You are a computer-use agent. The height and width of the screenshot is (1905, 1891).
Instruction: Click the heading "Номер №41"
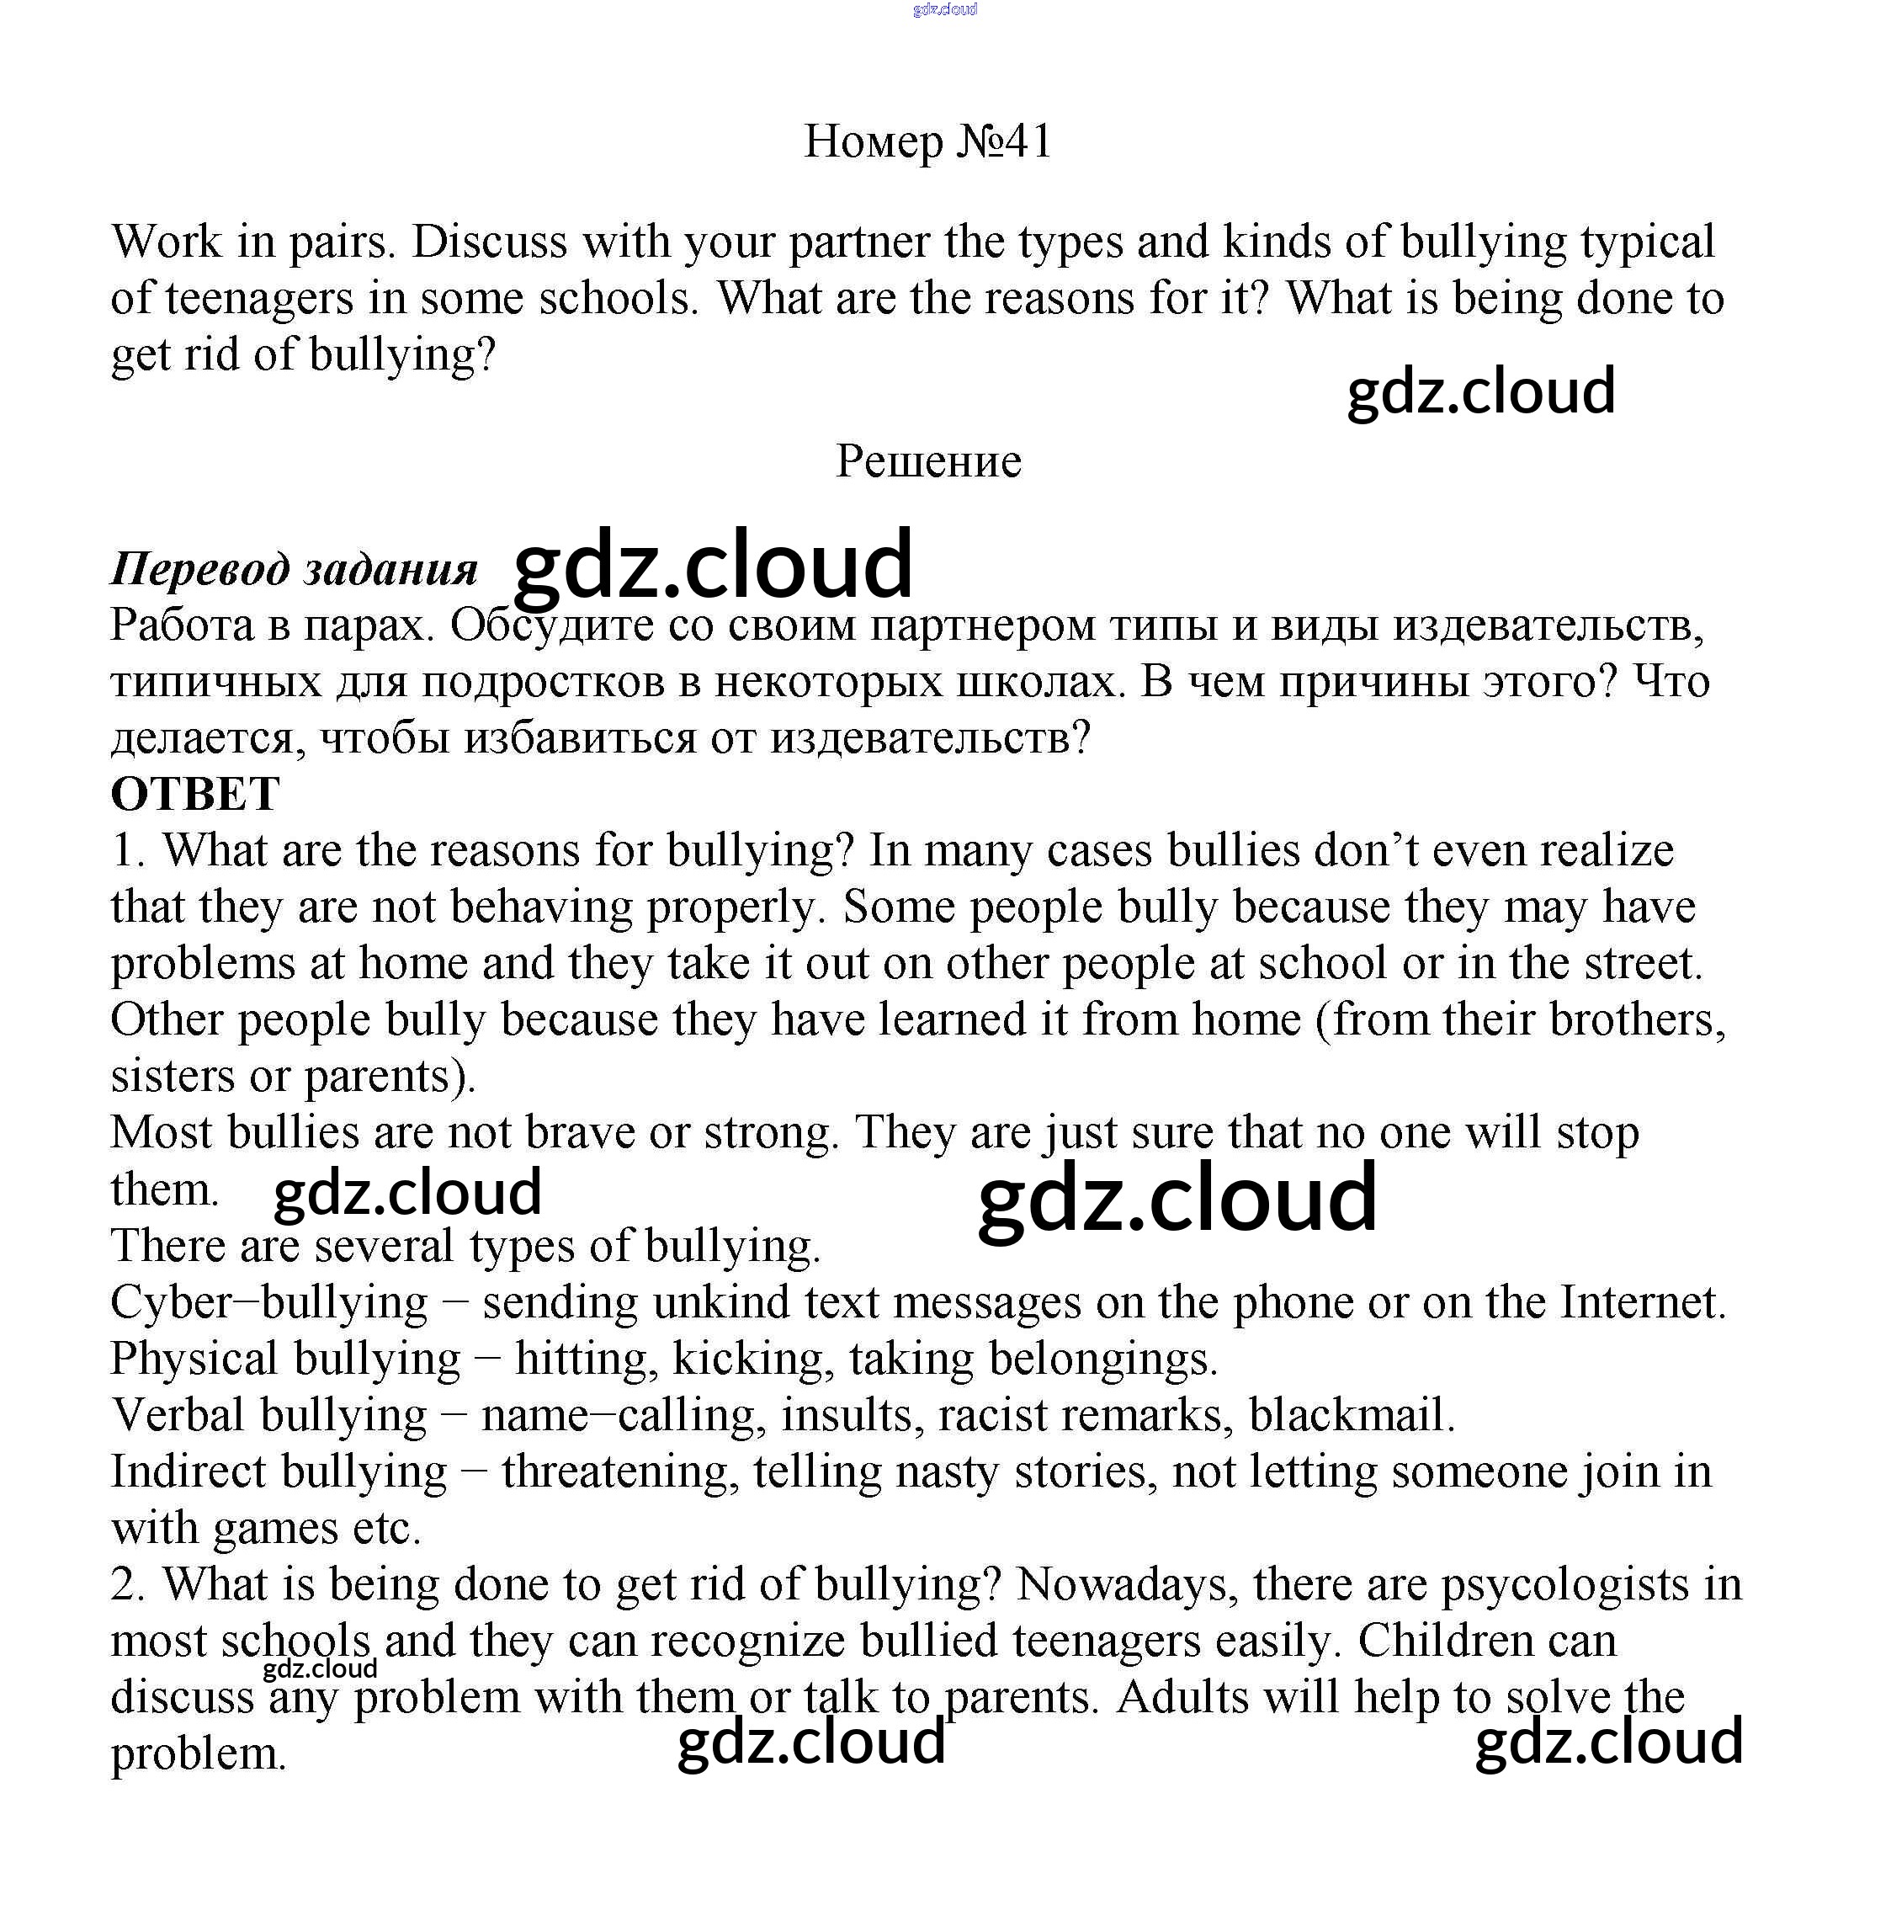[x=927, y=141]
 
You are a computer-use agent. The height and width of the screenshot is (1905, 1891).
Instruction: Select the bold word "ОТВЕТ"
[x=195, y=794]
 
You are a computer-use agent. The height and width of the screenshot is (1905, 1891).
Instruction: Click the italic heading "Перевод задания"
[x=294, y=569]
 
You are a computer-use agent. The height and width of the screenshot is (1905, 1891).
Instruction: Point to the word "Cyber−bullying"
[x=268, y=1302]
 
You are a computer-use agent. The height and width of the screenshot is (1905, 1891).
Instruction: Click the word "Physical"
[x=194, y=1359]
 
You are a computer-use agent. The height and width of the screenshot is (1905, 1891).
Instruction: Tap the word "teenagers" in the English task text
[x=259, y=298]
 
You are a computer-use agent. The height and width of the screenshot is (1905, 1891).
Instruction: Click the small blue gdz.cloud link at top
[x=944, y=10]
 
